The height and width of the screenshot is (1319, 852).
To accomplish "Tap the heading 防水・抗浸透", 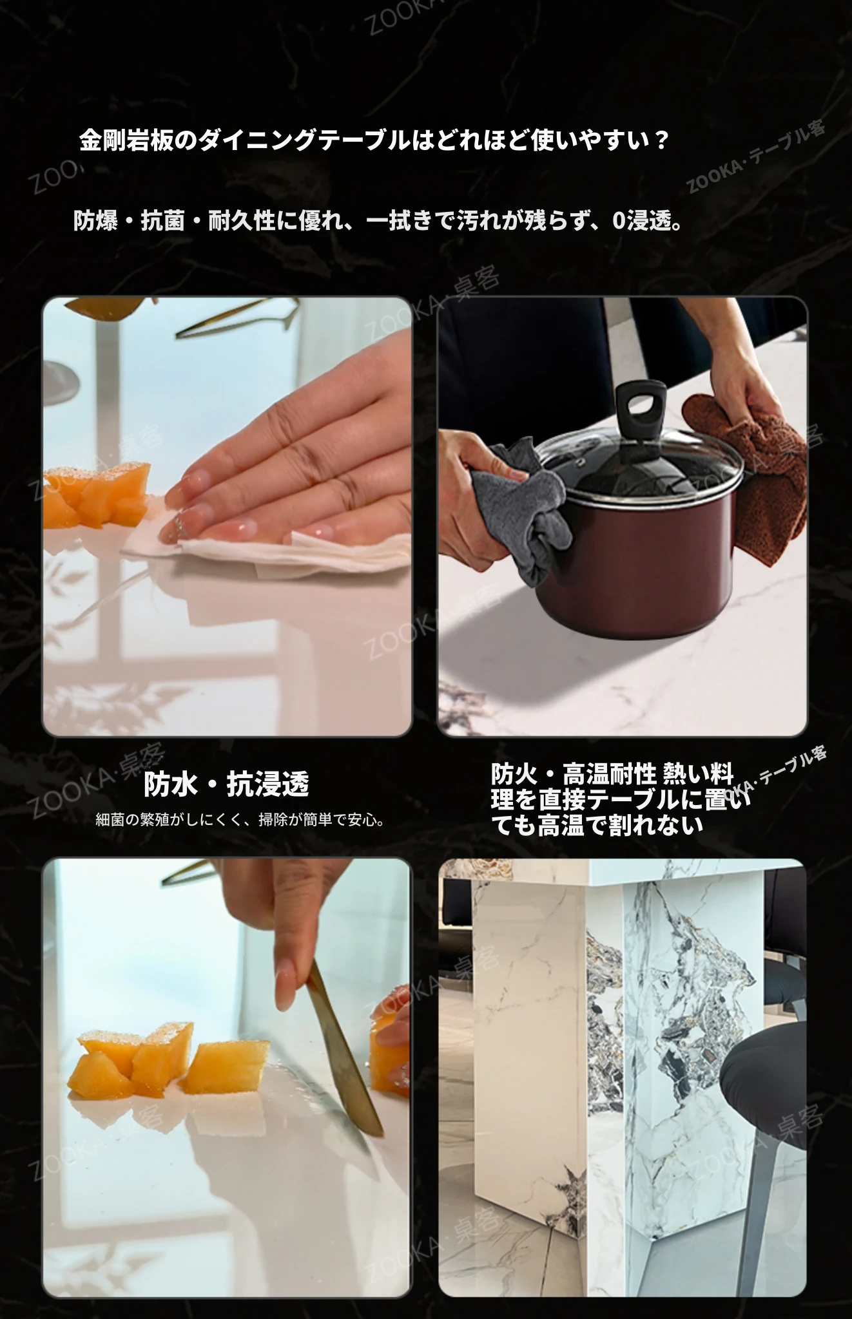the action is tap(226, 783).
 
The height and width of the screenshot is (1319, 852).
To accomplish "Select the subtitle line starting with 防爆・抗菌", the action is tap(378, 221).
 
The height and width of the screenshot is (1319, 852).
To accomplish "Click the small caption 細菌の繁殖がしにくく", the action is tap(240, 820).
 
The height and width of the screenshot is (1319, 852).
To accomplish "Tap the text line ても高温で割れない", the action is tap(597, 825).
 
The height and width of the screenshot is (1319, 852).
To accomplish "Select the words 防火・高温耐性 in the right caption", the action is tap(574, 773).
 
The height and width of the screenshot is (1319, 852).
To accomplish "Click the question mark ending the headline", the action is tap(658, 140).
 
